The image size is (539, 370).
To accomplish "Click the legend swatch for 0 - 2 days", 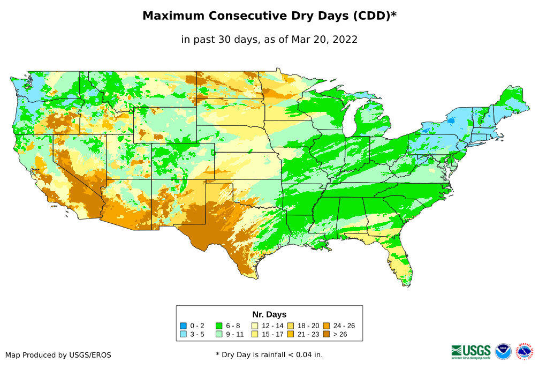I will click(x=183, y=326).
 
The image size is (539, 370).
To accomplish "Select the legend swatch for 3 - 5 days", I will click(x=183, y=334).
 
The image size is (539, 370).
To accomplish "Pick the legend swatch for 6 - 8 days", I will click(x=219, y=326).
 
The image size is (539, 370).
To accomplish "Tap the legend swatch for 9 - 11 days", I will click(x=219, y=334).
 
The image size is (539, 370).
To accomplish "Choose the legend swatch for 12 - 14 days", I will click(x=255, y=326).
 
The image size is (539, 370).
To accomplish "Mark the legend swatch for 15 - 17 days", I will click(x=255, y=334).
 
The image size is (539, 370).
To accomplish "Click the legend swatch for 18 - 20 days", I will click(x=291, y=326).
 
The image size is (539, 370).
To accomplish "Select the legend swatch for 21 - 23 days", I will click(x=291, y=334).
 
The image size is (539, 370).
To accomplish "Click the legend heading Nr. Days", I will click(x=269, y=314).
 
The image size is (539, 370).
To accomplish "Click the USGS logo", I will click(x=471, y=351).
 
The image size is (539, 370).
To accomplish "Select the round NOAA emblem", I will click(x=503, y=351).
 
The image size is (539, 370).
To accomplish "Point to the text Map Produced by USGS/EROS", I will click(x=58, y=355).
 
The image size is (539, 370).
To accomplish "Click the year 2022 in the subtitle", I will click(x=344, y=40).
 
